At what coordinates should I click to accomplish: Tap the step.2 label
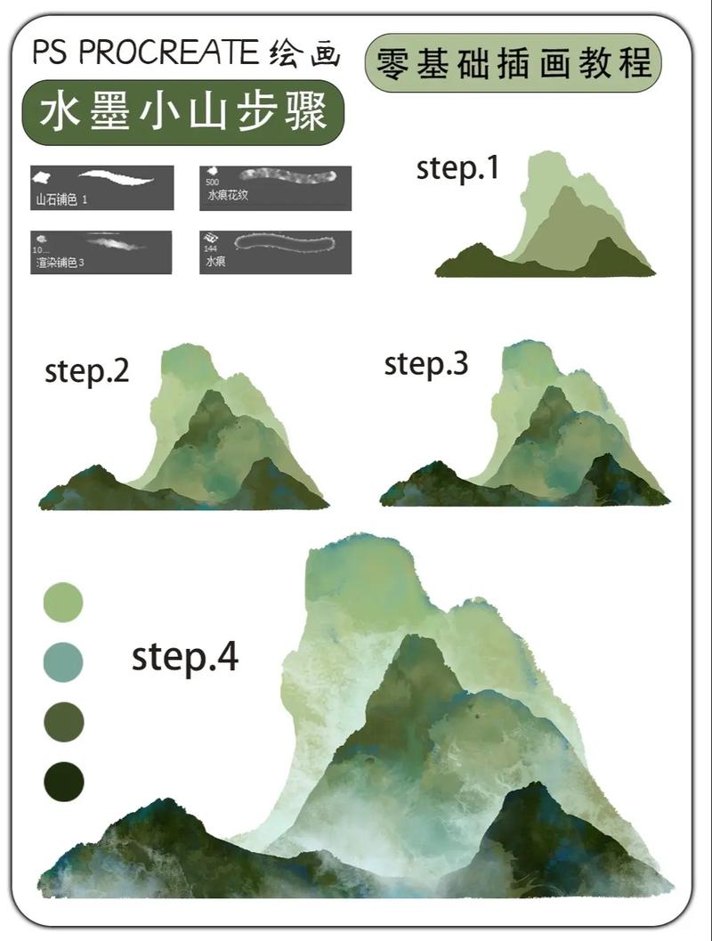point(86,371)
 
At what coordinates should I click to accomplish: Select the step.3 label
point(425,363)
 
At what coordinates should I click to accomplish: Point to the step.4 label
point(185,657)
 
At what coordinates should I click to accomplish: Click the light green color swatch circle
point(63,603)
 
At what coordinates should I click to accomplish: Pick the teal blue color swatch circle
point(63,662)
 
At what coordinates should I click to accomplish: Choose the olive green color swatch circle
point(63,721)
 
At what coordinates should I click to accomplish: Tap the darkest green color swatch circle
point(63,783)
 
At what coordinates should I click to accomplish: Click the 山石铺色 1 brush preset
point(101,187)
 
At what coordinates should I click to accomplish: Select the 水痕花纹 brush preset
point(275,187)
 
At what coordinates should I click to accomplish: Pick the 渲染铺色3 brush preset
point(101,252)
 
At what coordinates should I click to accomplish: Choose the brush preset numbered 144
point(275,252)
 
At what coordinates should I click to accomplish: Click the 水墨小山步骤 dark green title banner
point(182,113)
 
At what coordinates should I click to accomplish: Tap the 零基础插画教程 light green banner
point(514,63)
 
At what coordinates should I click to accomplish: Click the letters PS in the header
point(51,53)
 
